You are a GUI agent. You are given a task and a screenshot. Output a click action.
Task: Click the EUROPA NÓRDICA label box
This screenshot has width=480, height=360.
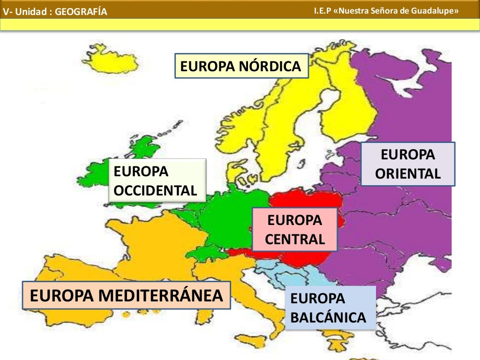point(241,66)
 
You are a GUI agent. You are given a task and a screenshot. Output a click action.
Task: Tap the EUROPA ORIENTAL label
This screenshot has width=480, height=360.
point(408,164)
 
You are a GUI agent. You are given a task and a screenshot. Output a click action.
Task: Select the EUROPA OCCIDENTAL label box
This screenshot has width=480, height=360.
point(157,180)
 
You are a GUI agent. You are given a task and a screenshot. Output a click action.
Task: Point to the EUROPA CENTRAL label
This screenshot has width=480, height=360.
point(294,230)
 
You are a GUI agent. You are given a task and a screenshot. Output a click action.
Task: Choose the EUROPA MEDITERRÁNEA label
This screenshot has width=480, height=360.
point(127,295)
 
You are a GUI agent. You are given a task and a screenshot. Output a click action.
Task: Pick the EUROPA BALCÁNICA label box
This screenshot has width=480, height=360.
point(330,307)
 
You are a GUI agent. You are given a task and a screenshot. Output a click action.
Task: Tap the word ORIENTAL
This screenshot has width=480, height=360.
point(408,174)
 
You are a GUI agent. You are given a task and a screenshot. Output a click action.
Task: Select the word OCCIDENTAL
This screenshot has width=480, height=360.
point(155,190)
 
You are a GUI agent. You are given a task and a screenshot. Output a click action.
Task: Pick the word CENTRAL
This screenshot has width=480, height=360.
point(294,240)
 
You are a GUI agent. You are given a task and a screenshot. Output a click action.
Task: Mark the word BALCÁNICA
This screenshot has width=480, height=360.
point(328,317)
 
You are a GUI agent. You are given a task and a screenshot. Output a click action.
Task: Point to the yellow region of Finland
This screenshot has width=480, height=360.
point(347,108)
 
